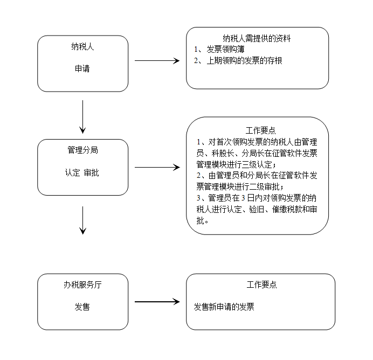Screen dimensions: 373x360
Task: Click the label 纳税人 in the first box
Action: [x=82, y=46]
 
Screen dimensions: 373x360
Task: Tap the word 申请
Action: [x=82, y=69]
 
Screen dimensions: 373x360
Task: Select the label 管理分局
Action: [x=82, y=150]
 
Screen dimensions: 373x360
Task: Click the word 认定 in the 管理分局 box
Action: [x=72, y=172]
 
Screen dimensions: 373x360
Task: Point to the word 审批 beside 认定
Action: [x=91, y=172]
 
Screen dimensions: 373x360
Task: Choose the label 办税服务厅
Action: [x=82, y=285]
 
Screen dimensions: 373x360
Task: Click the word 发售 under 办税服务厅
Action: [x=82, y=307]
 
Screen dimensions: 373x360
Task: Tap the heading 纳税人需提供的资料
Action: [x=257, y=38]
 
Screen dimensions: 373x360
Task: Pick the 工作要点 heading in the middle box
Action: [x=261, y=130]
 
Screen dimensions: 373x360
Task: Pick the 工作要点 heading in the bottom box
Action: [x=261, y=285]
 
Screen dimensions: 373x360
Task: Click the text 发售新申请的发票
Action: [x=224, y=307]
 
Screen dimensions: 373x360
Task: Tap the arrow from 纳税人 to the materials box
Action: [x=157, y=61]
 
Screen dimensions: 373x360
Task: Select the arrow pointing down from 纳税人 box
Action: [x=82, y=117]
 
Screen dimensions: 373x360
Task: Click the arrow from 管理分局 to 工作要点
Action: [x=157, y=168]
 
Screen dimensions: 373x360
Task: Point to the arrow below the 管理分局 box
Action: [x=82, y=220]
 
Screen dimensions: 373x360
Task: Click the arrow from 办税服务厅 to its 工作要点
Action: [x=157, y=302]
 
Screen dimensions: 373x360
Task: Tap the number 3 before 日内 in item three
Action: [x=243, y=198]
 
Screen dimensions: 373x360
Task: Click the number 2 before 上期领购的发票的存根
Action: [x=196, y=61]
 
